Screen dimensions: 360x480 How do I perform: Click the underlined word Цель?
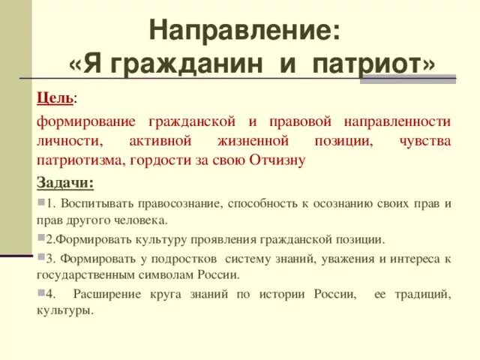[55, 99]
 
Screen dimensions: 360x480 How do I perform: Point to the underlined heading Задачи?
[65, 184]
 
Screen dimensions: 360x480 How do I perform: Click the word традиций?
[421, 293]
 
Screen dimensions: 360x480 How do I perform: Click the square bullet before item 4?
[39, 292]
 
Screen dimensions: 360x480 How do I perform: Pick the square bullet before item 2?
[39, 238]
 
